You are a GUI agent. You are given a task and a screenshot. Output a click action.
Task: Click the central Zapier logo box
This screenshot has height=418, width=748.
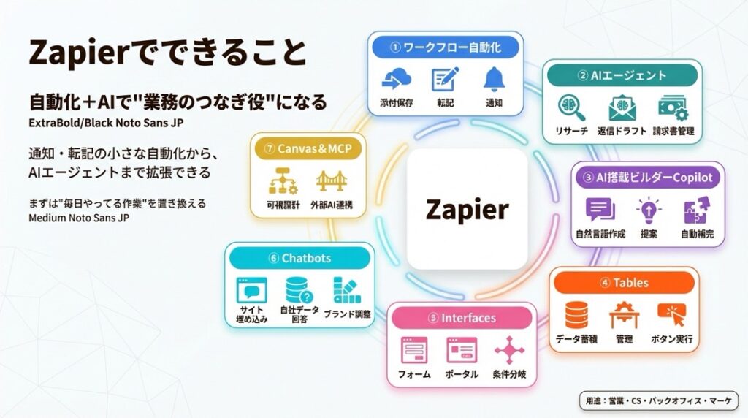pyautogui.click(x=467, y=209)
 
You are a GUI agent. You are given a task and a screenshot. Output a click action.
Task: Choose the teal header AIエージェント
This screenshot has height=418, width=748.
pyautogui.click(x=622, y=75)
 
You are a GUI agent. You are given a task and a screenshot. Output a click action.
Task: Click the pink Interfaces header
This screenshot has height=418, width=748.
pyautogui.click(x=459, y=318)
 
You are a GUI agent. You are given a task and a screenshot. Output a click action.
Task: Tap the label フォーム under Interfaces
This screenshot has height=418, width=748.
pyautogui.click(x=413, y=374)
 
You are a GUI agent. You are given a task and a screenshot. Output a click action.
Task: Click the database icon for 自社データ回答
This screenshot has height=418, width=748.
pyautogui.click(x=297, y=291)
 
